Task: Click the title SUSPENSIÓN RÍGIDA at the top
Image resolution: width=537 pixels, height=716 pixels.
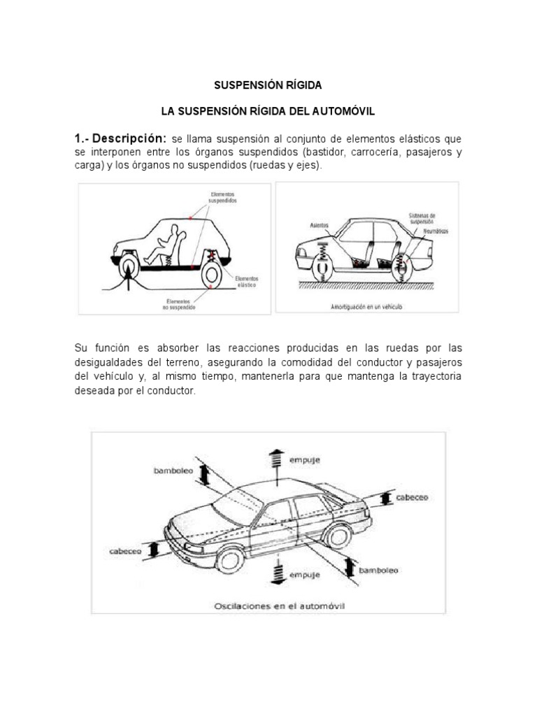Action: (x=268, y=85)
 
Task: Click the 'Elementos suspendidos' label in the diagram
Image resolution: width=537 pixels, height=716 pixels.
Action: (x=222, y=196)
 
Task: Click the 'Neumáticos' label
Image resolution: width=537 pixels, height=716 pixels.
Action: (x=435, y=230)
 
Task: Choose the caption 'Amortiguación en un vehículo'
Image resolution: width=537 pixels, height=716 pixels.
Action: (x=367, y=306)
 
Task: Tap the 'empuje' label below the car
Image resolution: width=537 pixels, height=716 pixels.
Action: (x=304, y=575)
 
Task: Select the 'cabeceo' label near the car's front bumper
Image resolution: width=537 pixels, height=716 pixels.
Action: (x=125, y=551)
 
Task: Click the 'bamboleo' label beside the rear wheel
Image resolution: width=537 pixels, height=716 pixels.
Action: (x=378, y=571)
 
